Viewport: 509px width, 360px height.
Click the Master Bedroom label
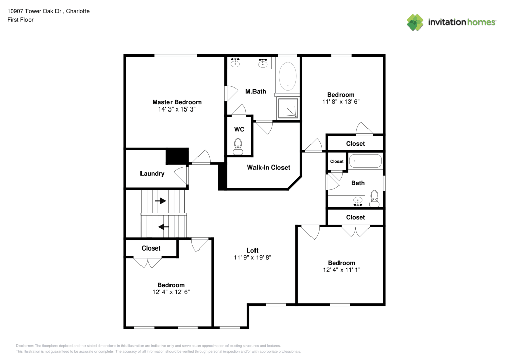point(177,102)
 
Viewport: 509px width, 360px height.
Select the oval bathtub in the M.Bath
point(288,77)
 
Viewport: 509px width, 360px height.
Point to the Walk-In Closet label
point(268,167)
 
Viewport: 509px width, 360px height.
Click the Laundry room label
point(152,174)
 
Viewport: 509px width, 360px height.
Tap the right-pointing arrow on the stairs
point(160,201)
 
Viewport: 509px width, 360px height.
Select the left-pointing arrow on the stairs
point(164,226)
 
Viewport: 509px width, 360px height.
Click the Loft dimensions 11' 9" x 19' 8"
point(252,258)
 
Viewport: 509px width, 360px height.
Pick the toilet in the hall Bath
point(374,198)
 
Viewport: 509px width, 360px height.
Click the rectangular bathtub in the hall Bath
point(365,161)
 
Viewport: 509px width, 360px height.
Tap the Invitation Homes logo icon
point(415,22)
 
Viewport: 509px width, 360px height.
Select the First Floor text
point(21,20)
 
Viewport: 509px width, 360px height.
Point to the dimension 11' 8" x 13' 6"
point(341,102)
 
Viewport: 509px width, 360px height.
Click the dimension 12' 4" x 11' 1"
point(341,270)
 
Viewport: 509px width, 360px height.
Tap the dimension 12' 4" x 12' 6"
point(171,292)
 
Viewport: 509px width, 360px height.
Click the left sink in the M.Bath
point(235,63)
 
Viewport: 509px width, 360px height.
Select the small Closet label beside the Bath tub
point(336,161)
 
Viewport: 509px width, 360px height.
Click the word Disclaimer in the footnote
point(25,345)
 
